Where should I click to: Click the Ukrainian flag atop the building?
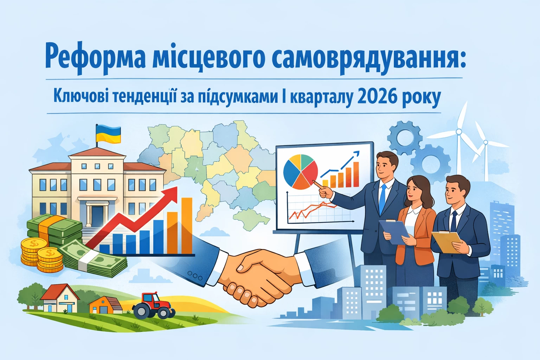click(x=108, y=135)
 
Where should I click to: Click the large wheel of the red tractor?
click(x=141, y=311)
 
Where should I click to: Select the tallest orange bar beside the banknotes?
click(x=187, y=225)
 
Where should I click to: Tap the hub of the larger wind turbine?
click(x=458, y=132)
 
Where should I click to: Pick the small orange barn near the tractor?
click(x=105, y=305)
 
